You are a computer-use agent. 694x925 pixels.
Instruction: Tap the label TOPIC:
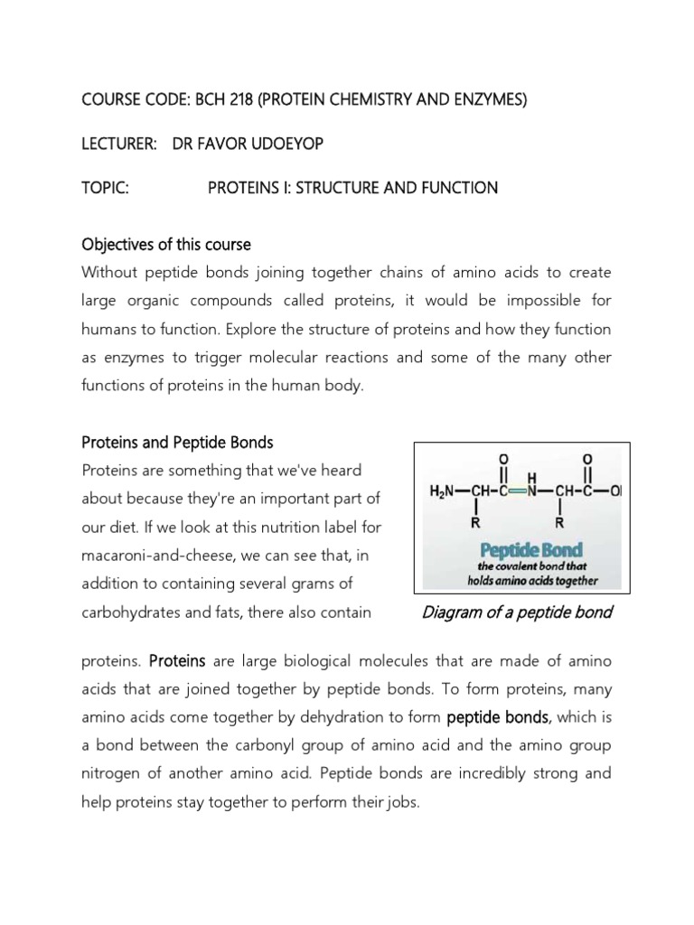point(106,188)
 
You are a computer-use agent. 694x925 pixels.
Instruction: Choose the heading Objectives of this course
point(166,245)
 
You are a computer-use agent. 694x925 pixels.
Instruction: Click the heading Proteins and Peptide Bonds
point(177,442)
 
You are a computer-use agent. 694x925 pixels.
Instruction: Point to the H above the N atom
point(533,476)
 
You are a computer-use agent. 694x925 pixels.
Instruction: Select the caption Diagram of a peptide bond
point(517,612)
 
